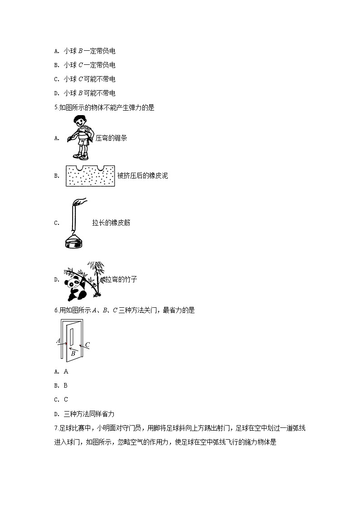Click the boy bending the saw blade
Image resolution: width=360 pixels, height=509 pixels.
pos(81,137)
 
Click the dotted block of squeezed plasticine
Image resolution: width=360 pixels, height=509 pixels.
pos(90,176)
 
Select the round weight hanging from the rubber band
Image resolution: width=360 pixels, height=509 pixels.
pos(74,243)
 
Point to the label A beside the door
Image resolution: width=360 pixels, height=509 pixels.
pos(58,341)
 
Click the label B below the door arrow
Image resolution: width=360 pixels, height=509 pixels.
pos(73,354)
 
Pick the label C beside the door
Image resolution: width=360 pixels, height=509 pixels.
pos(88,345)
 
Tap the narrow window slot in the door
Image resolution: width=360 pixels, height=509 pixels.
pos(72,336)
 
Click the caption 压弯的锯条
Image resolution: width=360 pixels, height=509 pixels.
pos(112,138)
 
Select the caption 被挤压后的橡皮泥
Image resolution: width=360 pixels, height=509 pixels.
pos(142,175)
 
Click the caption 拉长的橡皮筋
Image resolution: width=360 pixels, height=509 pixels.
pos(111,223)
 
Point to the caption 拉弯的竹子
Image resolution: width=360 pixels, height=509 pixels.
pos(121,279)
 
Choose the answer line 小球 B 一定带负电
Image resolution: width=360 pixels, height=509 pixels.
pos(85,51)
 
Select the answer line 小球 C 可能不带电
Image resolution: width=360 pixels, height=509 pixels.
pos(85,79)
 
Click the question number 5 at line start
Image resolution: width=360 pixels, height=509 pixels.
pos(56,107)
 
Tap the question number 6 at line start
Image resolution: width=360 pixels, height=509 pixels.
pos(56,310)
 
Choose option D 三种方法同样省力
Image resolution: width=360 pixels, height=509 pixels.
pos(84,414)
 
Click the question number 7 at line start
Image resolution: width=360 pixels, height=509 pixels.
pos(56,428)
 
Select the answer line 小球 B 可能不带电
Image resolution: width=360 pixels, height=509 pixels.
pos(85,93)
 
